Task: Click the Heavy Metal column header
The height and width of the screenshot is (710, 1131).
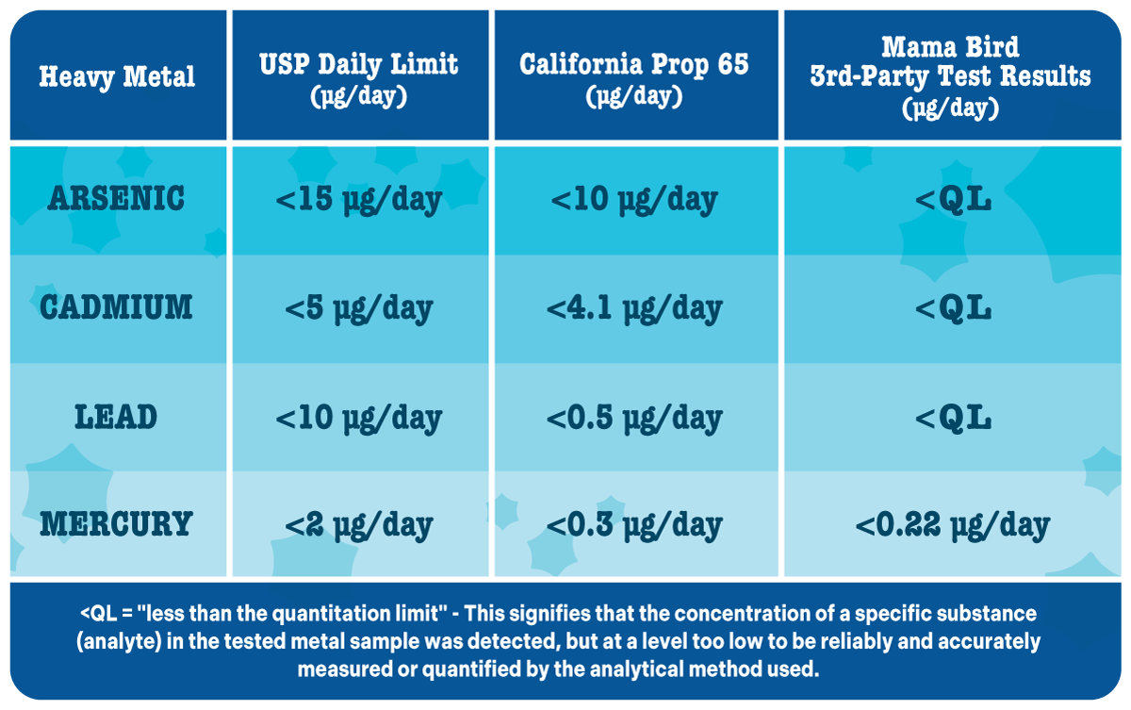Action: tap(117, 76)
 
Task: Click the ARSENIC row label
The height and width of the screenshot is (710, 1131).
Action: tap(117, 199)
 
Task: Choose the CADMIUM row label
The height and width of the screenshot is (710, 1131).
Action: tap(117, 307)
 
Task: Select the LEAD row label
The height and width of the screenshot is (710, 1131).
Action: tap(117, 417)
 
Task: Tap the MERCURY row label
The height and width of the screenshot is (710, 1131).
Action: tap(117, 524)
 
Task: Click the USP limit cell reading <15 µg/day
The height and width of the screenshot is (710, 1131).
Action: tap(359, 199)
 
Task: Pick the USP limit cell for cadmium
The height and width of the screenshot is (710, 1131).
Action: tap(359, 307)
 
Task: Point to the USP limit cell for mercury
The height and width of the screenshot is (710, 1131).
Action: tap(359, 524)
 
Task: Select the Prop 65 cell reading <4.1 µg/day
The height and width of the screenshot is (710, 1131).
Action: tap(634, 307)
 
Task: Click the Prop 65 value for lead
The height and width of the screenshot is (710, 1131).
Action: tap(634, 417)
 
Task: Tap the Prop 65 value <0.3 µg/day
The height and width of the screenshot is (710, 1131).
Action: tap(634, 524)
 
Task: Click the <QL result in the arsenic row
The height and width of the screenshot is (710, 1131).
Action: tap(952, 199)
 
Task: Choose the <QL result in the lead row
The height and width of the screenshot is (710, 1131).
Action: tap(952, 417)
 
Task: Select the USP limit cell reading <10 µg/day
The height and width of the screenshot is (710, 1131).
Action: tap(359, 417)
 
